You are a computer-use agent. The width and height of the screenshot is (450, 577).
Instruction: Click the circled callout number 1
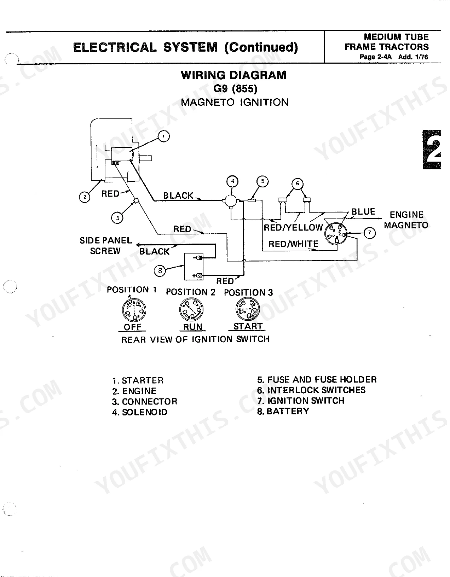[163, 136]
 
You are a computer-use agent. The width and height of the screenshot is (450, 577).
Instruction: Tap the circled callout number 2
[85, 197]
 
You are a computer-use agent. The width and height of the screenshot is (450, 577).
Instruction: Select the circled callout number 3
[117, 218]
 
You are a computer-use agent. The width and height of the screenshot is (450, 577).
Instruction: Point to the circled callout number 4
[232, 181]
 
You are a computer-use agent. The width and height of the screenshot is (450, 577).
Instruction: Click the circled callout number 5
[262, 181]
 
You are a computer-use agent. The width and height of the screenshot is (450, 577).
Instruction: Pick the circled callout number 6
[297, 183]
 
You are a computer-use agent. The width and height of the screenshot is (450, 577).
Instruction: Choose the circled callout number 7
[369, 233]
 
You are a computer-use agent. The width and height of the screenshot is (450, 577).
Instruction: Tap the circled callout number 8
[160, 270]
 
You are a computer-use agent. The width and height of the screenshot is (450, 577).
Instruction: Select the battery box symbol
[194, 267]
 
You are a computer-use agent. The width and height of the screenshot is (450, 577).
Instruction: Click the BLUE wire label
[363, 212]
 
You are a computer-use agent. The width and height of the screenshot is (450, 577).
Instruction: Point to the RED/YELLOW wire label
[293, 228]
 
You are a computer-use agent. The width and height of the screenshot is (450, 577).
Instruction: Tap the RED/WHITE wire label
[293, 244]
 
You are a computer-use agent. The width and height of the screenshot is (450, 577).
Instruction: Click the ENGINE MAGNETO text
[406, 220]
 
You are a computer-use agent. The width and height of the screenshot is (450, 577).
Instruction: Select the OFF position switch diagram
[134, 310]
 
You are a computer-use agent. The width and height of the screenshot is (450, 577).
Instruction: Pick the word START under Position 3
[248, 326]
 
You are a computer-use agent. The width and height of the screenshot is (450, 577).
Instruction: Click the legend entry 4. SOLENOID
[140, 412]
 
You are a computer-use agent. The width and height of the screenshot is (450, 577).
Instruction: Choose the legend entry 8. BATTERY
[283, 411]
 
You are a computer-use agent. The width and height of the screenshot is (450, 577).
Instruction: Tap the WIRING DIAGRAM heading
[233, 75]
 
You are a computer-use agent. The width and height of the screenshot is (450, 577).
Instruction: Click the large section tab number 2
[432, 150]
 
